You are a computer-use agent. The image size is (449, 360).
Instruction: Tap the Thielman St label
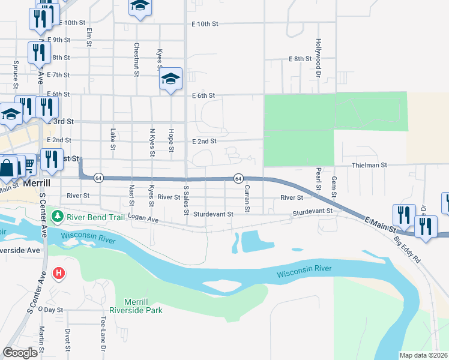pyautogui.click(x=385, y=164)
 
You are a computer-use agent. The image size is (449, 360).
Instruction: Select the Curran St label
pyautogui.click(x=246, y=199)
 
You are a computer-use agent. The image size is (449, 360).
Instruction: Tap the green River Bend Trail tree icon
pyautogui.click(x=58, y=215)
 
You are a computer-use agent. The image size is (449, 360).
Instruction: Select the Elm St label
pyautogui.click(x=89, y=37)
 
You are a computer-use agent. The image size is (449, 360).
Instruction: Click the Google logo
pyautogui.click(x=20, y=353)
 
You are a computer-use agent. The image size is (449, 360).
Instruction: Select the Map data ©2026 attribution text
pyautogui.click(x=424, y=355)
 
